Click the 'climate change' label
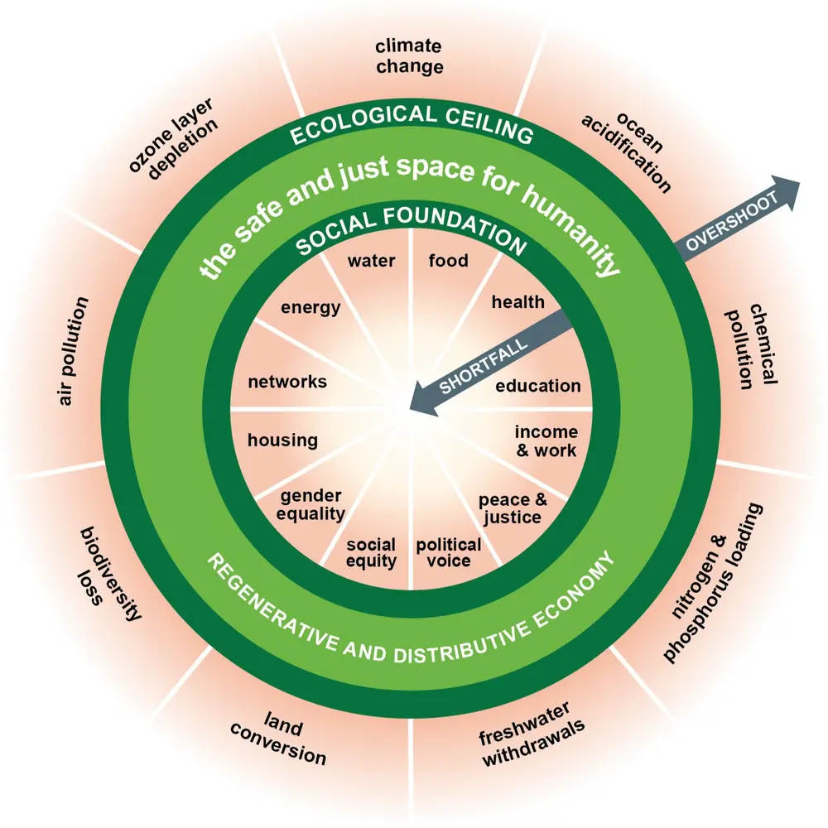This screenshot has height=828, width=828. tap(408, 56)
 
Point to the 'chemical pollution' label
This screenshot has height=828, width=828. tap(752, 346)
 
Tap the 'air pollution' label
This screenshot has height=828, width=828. tap(73, 351)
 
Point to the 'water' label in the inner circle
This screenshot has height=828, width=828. tap(371, 262)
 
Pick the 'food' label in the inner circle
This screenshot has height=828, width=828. tap(448, 262)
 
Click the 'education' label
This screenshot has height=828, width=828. tap(538, 386)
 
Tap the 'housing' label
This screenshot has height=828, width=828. tap(282, 440)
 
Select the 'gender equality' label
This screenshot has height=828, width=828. tap(311, 505)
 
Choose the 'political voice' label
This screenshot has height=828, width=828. tap(448, 552)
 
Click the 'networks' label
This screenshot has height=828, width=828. tap(287, 383)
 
